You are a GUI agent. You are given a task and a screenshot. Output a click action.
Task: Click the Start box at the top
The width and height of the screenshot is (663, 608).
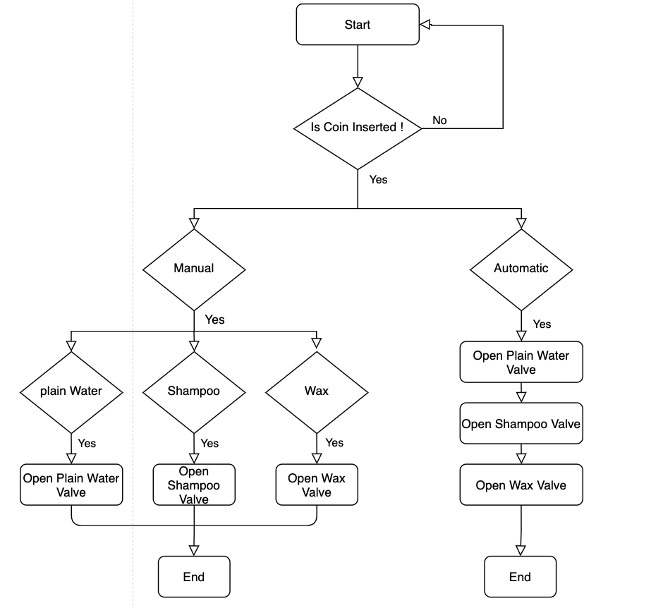(357, 25)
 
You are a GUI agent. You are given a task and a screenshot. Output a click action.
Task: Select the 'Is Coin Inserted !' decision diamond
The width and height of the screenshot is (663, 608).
(357, 128)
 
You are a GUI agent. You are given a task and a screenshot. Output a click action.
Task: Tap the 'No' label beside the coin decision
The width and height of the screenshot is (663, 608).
(439, 121)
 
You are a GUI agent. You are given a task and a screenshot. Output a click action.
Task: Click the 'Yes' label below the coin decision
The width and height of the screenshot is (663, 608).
(379, 180)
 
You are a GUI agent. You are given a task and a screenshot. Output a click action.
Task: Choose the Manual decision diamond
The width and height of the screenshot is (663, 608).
(194, 269)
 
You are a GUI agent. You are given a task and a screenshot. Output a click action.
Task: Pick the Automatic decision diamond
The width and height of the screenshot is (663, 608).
(521, 269)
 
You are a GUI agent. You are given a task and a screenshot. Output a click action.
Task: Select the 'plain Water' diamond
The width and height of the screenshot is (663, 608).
(71, 391)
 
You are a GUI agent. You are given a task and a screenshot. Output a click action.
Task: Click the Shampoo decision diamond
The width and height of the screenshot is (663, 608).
(194, 391)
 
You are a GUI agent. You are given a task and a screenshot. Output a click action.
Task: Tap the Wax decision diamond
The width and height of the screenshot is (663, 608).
(316, 391)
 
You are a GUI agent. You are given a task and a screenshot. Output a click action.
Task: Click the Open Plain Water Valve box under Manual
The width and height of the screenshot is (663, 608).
(71, 485)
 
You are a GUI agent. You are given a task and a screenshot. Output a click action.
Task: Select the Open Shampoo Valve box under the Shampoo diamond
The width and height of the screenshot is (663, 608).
(194, 485)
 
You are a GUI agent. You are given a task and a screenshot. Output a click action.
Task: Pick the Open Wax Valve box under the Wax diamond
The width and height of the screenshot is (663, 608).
(316, 485)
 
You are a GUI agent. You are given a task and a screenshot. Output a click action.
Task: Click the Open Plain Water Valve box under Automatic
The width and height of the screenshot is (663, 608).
(521, 363)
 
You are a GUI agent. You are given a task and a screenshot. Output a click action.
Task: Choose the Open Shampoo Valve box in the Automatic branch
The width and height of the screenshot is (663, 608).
(521, 424)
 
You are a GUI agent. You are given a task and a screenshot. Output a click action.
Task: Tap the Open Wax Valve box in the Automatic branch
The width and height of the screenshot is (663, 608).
(521, 485)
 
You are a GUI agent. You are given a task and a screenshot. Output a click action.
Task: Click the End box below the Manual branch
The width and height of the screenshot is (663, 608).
(194, 577)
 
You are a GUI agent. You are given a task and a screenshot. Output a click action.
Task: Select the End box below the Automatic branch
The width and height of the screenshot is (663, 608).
(520, 577)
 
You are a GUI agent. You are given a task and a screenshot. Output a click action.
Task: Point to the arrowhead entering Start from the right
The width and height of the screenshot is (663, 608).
(425, 25)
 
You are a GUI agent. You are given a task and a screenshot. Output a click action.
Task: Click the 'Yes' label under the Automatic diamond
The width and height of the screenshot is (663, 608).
(542, 324)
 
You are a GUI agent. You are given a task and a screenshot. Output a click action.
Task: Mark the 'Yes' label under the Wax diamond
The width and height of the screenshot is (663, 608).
(334, 443)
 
